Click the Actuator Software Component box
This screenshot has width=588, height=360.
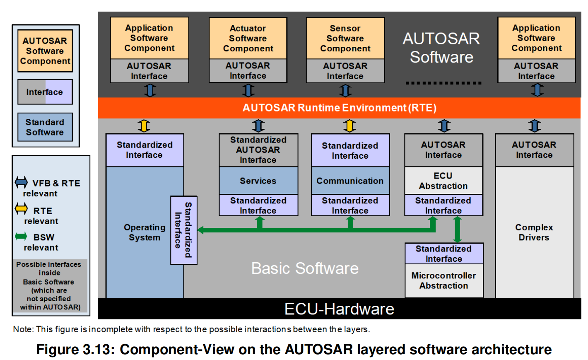pos(248,39)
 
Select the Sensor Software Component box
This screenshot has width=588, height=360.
pos(345,39)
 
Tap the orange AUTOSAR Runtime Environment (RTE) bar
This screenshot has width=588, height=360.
pos(339,108)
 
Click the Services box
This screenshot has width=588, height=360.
pos(258,181)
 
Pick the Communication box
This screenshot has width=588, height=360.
pos(350,181)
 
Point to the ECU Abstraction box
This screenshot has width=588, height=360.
pos(443,181)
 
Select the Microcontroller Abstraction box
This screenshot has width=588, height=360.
pos(444,280)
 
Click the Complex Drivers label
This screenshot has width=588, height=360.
pos(534,232)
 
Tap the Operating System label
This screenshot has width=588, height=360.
pos(145,232)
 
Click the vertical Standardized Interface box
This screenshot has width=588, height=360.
pos(183,230)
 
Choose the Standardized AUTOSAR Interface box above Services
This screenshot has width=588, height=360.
pos(258,150)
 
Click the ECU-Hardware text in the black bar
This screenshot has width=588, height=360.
pos(339,309)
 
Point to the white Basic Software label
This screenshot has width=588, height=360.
pos(305,268)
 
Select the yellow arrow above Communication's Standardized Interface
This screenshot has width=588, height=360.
pos(350,126)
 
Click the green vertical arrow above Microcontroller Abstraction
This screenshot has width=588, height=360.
pos(458,229)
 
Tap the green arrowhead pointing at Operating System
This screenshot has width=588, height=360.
pos(201,230)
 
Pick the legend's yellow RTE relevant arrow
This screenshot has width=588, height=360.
pos(21,209)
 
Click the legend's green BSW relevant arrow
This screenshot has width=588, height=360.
pos(21,237)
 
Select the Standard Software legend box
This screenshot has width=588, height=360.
pos(45,127)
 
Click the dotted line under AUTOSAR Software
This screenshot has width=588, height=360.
pos(443,83)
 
